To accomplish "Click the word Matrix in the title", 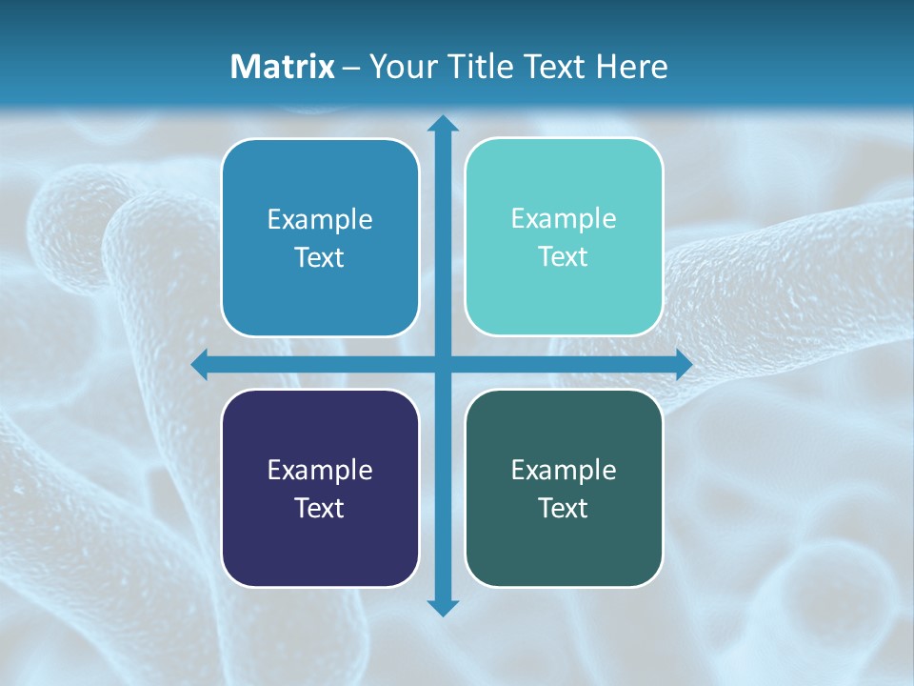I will click(282, 67).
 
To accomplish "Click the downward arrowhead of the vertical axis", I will click(443, 607).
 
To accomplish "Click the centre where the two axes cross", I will click(443, 364).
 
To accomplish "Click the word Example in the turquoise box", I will click(564, 218).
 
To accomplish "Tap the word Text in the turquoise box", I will click(564, 256).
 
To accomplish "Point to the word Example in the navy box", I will click(320, 470).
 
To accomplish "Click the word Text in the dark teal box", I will click(564, 508).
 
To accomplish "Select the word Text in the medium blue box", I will click(320, 257).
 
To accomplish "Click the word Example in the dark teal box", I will click(564, 470).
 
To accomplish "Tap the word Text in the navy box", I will click(320, 508).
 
